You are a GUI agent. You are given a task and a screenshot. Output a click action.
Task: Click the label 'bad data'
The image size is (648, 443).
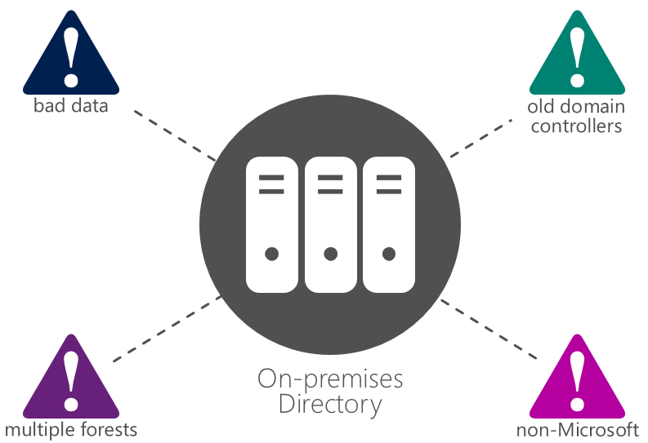[x=71, y=106]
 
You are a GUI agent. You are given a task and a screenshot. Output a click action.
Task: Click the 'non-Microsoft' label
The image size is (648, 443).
[x=578, y=429]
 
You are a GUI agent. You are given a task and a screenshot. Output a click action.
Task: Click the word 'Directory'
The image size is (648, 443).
[x=330, y=404]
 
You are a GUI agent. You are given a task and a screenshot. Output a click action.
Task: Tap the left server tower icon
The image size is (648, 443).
[x=272, y=225]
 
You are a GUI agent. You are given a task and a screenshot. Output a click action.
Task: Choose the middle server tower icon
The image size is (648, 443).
[x=330, y=225]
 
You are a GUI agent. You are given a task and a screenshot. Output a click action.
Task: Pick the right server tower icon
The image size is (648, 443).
[x=389, y=225]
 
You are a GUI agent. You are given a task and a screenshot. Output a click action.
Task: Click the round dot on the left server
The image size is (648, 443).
[x=272, y=254]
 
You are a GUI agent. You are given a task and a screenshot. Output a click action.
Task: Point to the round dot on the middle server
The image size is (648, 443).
[x=330, y=254]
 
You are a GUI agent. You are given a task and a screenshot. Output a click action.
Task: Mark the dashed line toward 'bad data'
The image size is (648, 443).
[x=175, y=135]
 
